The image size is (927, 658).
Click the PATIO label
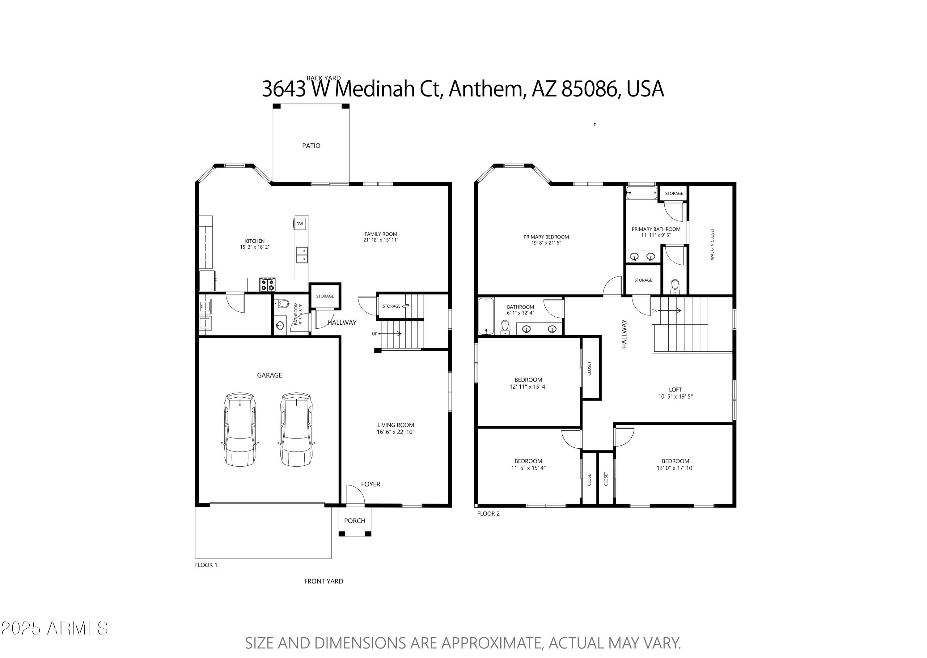point(311,145)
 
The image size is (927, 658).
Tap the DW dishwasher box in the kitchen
point(299,224)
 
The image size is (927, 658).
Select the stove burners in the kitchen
point(267,284)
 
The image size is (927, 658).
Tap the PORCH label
point(355,521)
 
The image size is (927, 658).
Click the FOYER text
point(370,484)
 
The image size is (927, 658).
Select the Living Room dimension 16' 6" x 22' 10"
point(396,432)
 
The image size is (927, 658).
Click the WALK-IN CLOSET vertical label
point(712,244)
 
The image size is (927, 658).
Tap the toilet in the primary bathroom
point(675,286)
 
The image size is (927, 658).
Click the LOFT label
point(675,389)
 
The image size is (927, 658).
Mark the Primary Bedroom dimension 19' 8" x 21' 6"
point(546,243)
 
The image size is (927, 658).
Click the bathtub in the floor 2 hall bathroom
point(486,316)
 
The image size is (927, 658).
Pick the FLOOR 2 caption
point(488,514)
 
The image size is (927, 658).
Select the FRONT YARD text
point(324,581)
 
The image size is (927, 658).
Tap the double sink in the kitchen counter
point(302,255)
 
